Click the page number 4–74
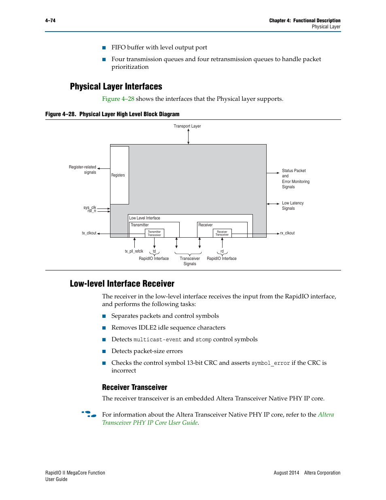pyautogui.click(x=50, y=21)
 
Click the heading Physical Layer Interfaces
pyautogui.click(x=116, y=87)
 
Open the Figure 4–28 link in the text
pyautogui.click(x=118, y=99)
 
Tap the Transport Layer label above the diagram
pyautogui.click(x=187, y=126)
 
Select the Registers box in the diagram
pyautogui.click(x=119, y=175)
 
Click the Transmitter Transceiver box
pyautogui.click(x=154, y=233)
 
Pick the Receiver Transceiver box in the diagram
pyautogui.click(x=222, y=233)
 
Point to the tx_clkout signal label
pyautogui.click(x=89, y=233)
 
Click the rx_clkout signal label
pyautogui.click(x=287, y=233)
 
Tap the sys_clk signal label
pyautogui.click(x=90, y=207)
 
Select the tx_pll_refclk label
pyautogui.click(x=134, y=251)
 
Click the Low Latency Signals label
pyautogui.click(x=293, y=206)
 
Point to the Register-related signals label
pyautogui.click(x=83, y=170)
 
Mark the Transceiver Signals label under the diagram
pyautogui.click(x=190, y=261)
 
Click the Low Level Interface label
pyautogui.click(x=144, y=218)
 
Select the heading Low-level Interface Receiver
pyautogui.click(x=122, y=284)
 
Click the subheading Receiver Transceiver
pyautogui.click(x=135, y=387)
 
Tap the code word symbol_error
pyautogui.click(x=271, y=363)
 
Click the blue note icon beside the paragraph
pyautogui.click(x=89, y=414)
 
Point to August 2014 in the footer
pyautogui.click(x=286, y=473)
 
